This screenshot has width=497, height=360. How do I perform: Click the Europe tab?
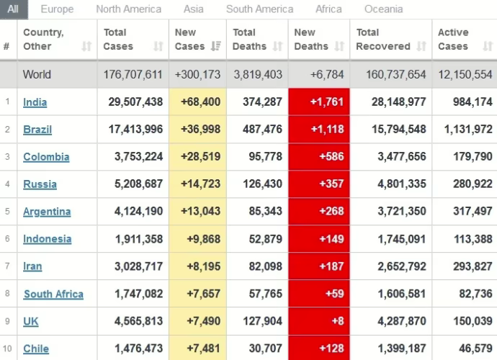57,9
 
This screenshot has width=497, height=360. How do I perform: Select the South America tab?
259,9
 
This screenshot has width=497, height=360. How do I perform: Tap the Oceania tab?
382,9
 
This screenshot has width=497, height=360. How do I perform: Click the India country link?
35,102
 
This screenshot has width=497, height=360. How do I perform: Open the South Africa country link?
53,294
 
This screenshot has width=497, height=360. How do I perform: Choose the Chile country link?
36,348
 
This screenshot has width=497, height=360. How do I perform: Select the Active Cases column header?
453,40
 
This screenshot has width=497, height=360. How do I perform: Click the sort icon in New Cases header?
215,47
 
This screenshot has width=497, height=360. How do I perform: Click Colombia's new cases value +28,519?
198,157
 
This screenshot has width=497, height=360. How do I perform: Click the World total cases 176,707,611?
133,75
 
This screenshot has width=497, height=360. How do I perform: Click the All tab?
14,9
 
